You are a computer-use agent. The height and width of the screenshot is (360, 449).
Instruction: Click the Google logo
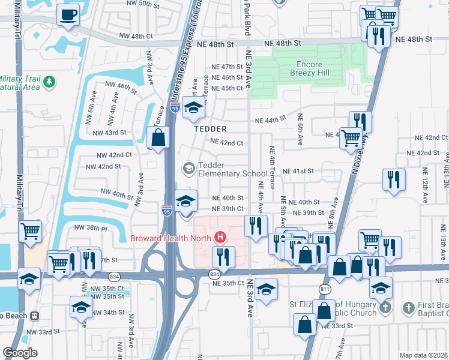click(x=20, y=353)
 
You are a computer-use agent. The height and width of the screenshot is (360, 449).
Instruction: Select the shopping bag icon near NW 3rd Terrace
click(x=158, y=138)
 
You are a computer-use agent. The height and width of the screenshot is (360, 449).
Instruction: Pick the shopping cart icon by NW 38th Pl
click(x=31, y=230)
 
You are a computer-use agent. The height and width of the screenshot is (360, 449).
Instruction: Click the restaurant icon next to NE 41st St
click(x=394, y=178)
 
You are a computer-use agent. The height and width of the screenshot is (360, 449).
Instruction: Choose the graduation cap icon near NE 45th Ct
click(x=194, y=107)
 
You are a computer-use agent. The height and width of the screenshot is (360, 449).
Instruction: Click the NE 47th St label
click(x=226, y=67)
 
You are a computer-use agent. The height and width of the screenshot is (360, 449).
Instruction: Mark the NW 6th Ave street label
click(x=91, y=108)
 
